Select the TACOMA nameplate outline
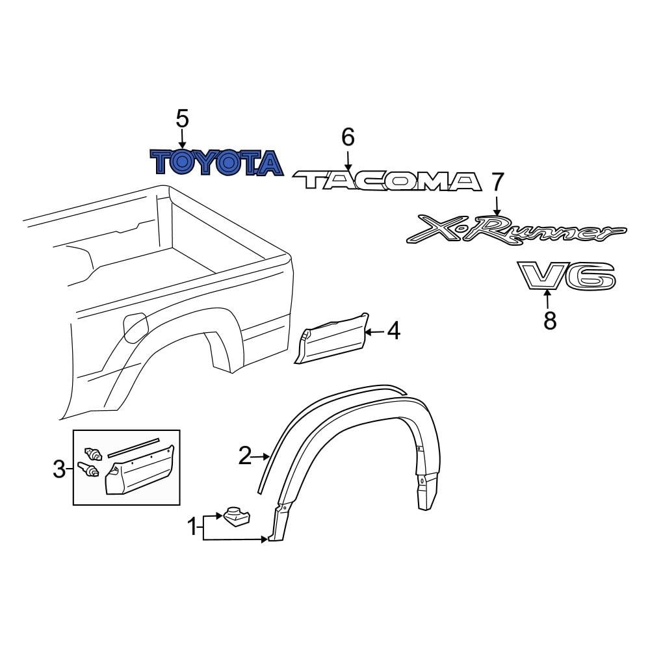[x=388, y=181]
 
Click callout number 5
[x=182, y=119]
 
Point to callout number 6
[x=348, y=137]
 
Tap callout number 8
[x=550, y=320]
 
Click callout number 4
[x=393, y=332]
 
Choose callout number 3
[x=59, y=469]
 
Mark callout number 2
[x=244, y=456]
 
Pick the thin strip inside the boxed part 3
[x=133, y=445]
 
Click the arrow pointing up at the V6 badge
[x=548, y=300]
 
